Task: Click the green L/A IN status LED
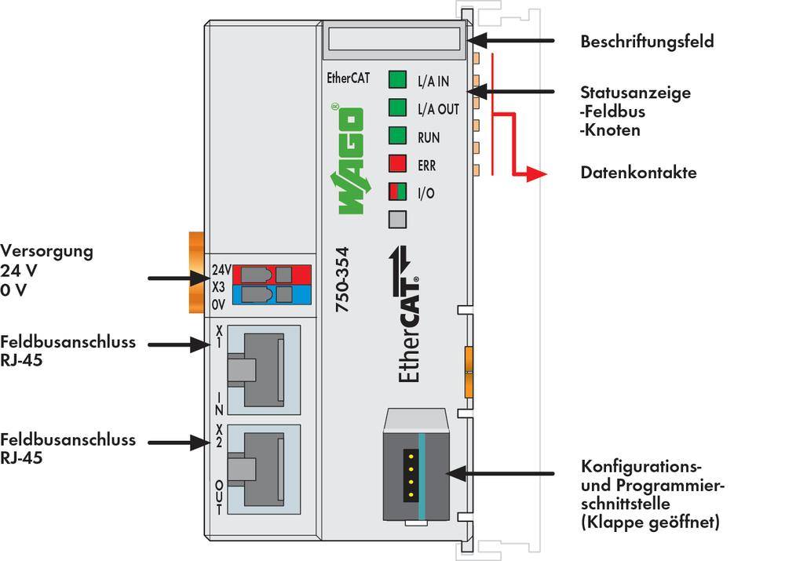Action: (398, 79)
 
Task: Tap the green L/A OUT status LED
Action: (398, 107)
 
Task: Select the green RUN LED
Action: (398, 136)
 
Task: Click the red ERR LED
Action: (398, 164)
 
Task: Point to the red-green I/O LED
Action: (398, 191)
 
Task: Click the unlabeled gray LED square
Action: (398, 219)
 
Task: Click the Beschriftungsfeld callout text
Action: (647, 42)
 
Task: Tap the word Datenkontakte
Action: (637, 173)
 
